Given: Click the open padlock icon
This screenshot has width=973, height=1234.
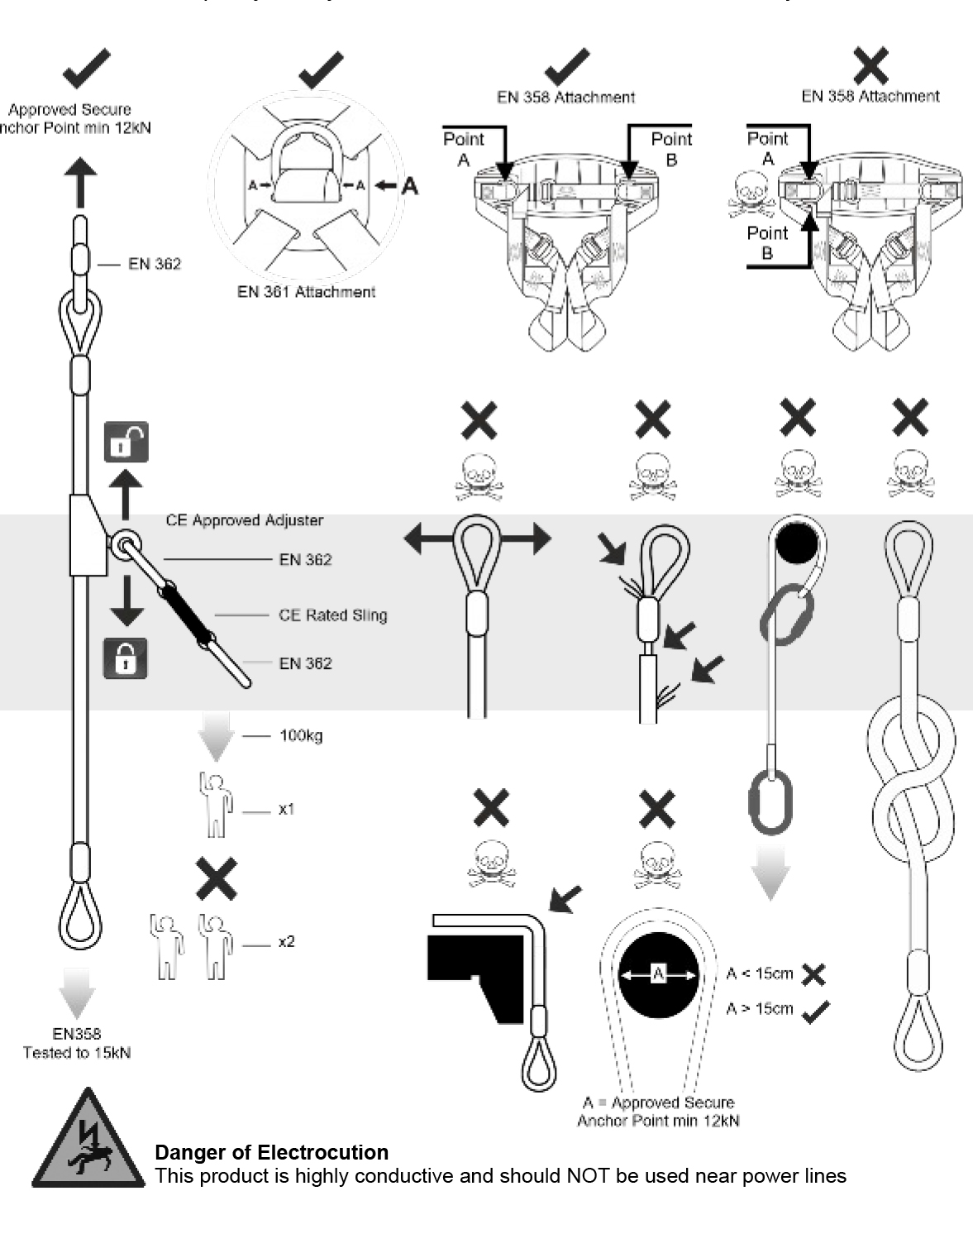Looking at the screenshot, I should (x=126, y=442).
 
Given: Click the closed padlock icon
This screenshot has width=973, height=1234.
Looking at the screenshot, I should (x=125, y=658).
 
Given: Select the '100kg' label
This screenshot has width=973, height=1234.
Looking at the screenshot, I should (x=301, y=735).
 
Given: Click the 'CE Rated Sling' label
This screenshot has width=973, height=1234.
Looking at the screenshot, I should (x=332, y=615).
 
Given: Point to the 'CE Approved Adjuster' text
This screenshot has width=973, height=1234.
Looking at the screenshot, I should (x=244, y=520).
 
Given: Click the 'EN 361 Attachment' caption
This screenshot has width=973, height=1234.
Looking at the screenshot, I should (x=306, y=292).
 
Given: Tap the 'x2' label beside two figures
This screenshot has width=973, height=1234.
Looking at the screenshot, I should (x=286, y=942).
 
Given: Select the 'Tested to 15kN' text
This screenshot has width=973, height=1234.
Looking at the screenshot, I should (x=77, y=1053).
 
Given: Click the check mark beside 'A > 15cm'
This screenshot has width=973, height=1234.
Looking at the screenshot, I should (x=816, y=1011).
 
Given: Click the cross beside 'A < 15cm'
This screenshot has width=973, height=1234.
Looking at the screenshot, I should (x=813, y=974).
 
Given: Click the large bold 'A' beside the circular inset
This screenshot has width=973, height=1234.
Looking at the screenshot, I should (x=409, y=187).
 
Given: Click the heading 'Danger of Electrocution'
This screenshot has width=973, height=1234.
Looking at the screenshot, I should (x=271, y=1152).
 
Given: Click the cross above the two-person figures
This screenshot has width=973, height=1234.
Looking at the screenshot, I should (x=217, y=878).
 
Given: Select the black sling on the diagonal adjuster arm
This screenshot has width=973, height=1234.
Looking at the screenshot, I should (x=188, y=614).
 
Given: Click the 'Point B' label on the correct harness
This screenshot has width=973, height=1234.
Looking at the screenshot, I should (x=670, y=149).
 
